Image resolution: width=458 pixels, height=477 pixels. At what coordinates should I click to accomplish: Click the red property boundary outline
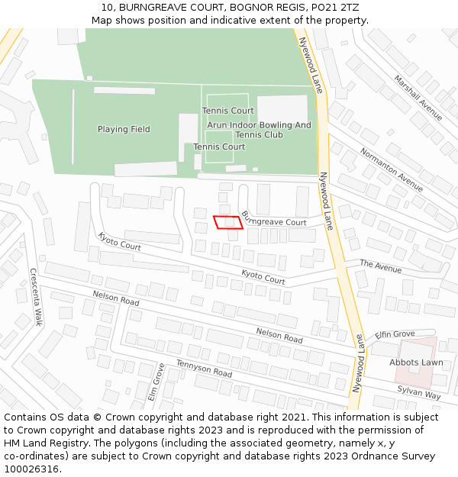pyautogui.click(x=227, y=222)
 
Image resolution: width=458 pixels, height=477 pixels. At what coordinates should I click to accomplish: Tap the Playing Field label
pyautogui.click(x=124, y=130)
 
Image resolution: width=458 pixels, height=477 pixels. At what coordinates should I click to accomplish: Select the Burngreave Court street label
pyautogui.click(x=273, y=219)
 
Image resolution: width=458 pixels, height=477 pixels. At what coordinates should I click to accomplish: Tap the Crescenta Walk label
pyautogui.click(x=35, y=297)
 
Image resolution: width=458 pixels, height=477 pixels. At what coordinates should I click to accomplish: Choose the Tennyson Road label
pyautogui.click(x=204, y=369)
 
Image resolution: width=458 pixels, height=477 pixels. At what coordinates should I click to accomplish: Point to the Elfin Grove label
pyautogui.click(x=395, y=334)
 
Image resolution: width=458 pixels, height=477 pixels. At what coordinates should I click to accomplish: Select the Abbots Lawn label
pyautogui.click(x=416, y=363)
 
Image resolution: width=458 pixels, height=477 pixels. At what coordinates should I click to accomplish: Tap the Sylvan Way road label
pyautogui.click(x=419, y=392)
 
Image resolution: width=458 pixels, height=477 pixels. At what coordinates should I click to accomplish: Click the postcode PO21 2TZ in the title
pyautogui.click(x=333, y=8)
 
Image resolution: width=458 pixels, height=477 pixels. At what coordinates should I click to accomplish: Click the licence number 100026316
pyautogui.click(x=31, y=469)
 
